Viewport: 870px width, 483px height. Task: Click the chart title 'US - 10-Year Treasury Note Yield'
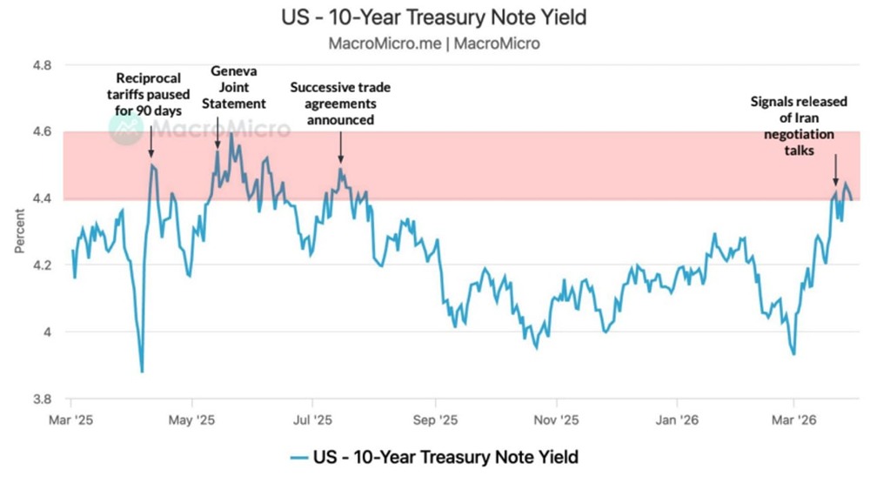434,17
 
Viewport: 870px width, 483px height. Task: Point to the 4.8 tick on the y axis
42,65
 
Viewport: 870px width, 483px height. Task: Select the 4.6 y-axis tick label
42,131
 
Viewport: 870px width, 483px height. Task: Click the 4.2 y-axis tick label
42,265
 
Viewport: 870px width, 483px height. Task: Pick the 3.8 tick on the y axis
42,399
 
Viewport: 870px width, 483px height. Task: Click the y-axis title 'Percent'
19,231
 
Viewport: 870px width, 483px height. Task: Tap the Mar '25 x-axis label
72,419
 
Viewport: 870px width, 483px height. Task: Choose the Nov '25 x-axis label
555,419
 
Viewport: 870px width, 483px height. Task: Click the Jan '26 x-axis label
675,419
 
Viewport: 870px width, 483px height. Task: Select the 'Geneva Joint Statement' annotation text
239,89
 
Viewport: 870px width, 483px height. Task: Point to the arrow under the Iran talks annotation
836,169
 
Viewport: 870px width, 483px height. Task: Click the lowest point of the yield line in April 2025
142,372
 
